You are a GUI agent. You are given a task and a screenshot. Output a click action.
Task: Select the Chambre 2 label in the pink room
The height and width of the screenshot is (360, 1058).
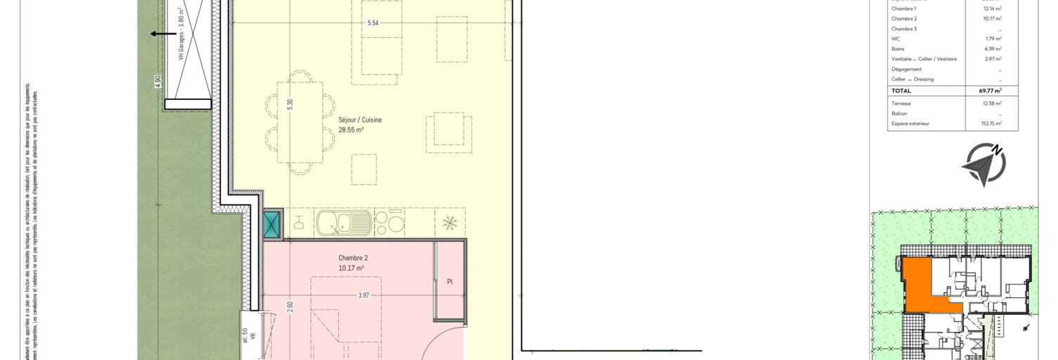click(353, 258)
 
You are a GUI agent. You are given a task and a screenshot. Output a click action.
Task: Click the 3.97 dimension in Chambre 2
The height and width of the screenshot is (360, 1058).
click(363, 295)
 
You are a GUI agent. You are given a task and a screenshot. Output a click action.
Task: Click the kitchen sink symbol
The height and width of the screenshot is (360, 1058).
click(343, 224)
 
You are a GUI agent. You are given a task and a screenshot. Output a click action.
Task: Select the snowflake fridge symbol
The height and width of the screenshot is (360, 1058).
click(450, 224)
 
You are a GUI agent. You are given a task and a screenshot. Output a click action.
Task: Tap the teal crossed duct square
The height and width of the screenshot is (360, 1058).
click(272, 224)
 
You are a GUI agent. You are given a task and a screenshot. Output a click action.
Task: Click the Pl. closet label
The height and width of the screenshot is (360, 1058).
click(450, 283)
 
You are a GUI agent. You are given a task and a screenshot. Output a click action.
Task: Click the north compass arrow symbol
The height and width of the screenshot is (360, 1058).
click(983, 165)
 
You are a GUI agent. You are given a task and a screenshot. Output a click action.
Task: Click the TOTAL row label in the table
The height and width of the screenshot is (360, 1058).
click(901, 91)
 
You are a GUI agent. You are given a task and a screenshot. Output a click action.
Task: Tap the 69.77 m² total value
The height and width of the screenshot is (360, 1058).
click(990, 91)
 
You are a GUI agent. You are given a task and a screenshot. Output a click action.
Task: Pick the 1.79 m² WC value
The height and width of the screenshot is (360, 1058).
click(993, 39)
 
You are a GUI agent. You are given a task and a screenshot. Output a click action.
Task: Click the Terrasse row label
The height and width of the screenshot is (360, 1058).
click(901, 103)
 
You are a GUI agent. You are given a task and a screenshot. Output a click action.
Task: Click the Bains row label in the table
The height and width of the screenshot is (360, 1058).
click(898, 49)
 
